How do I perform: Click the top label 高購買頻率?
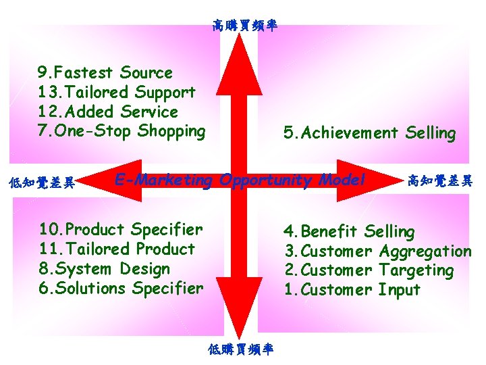(244, 26)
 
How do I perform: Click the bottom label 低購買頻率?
(241, 349)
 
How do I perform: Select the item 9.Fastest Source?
(105, 72)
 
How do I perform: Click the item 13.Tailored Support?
(117, 92)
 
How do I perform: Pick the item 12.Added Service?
(108, 112)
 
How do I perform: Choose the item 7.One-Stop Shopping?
(122, 131)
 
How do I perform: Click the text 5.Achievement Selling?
(369, 133)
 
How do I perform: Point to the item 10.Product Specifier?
(121, 229)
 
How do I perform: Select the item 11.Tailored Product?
(117, 249)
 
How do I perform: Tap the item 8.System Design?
(105, 268)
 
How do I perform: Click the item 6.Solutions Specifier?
(121, 288)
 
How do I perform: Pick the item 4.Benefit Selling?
(349, 231)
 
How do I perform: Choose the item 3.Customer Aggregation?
(377, 251)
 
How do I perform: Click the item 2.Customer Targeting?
(369, 270)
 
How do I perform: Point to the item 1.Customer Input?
(352, 290)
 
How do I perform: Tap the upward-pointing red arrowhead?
(239, 54)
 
